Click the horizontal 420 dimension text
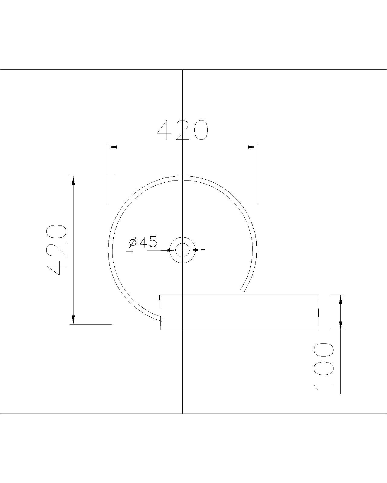(x=183, y=130)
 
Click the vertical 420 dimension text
(x=56, y=250)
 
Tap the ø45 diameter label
(x=143, y=242)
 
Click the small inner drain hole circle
(x=182, y=250)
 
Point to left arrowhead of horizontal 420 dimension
(x=113, y=147)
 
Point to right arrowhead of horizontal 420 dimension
(x=252, y=147)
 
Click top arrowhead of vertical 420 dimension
(x=73, y=180)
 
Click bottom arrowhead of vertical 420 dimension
(x=73, y=320)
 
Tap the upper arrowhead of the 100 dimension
(x=340, y=299)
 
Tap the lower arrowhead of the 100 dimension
(x=340, y=325)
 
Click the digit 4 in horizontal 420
(x=165, y=130)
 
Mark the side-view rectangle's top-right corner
(x=319, y=295)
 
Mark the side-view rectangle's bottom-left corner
(x=161, y=330)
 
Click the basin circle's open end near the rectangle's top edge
(x=242, y=290)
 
